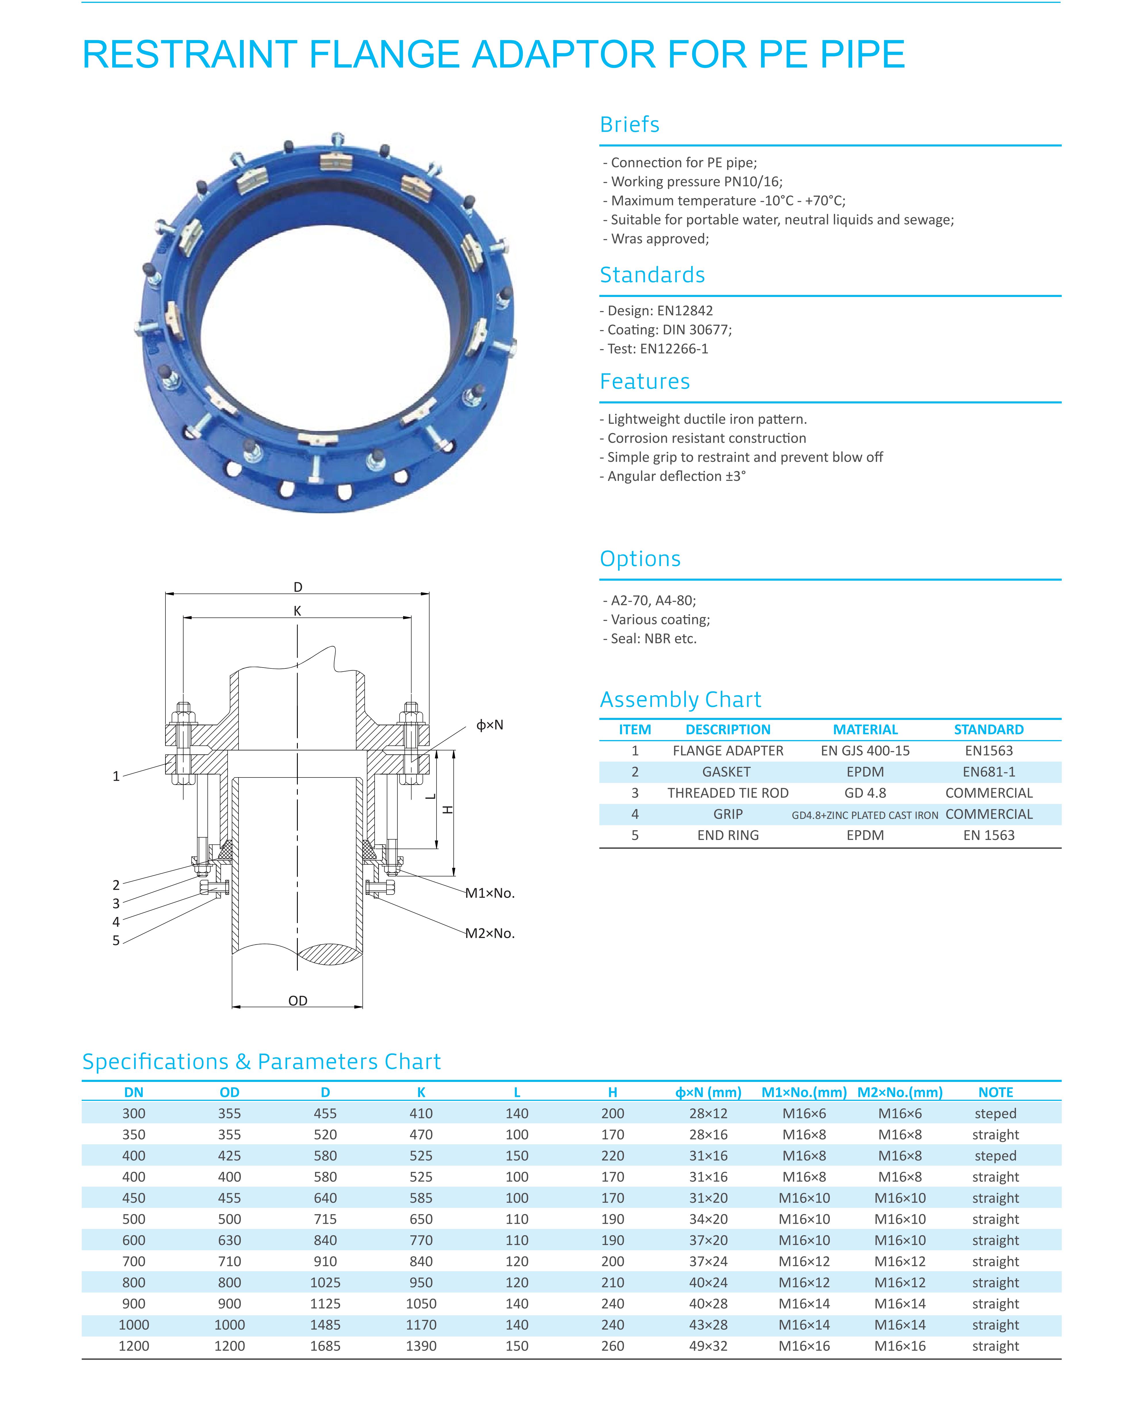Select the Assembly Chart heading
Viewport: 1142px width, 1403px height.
coord(680,699)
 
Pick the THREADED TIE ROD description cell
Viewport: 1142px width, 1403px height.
coord(728,793)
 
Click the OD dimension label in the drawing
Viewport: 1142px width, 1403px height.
coord(297,1000)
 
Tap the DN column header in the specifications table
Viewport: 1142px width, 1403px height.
coord(134,1093)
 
